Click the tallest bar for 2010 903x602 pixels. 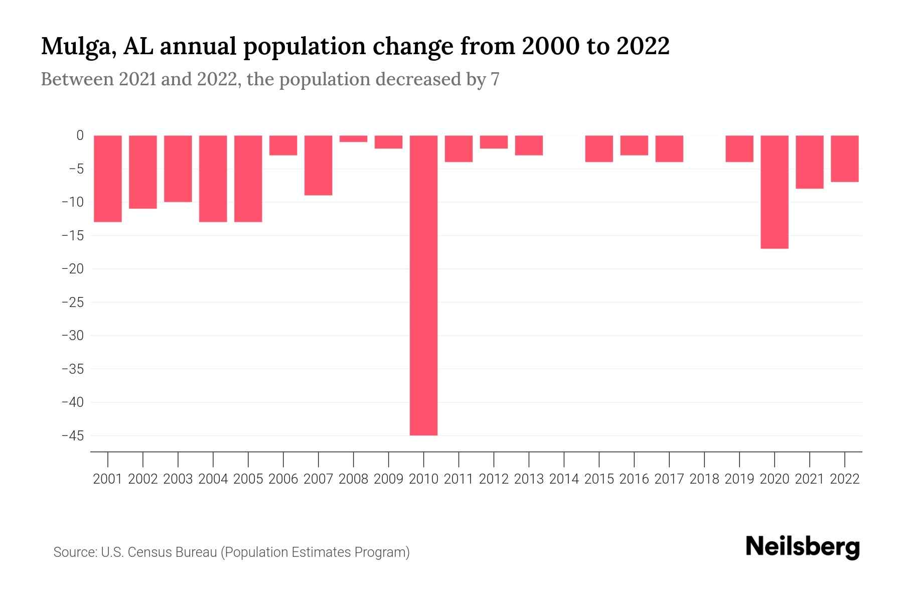point(423,285)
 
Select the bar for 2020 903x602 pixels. point(774,192)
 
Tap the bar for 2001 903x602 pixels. point(108,178)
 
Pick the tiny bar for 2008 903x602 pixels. point(353,138)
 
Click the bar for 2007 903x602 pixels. point(318,165)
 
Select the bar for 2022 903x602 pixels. point(844,159)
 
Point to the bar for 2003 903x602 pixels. point(178,169)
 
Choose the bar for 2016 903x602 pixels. point(634,145)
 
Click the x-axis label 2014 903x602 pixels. point(564,479)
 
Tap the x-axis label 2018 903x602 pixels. point(704,479)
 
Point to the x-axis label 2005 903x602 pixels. point(248,479)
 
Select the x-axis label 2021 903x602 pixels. point(809,479)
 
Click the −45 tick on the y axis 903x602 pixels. point(72,435)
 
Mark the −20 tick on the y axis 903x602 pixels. point(72,269)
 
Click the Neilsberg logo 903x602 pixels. point(803,547)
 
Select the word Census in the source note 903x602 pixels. point(148,552)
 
